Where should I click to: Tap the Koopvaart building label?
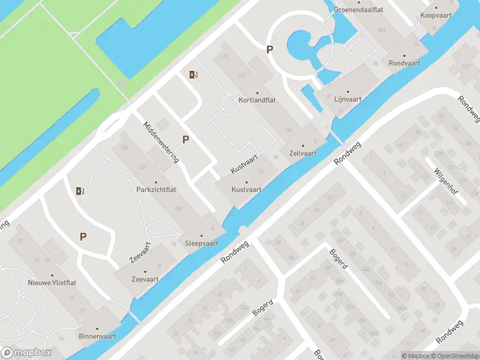point(436,15)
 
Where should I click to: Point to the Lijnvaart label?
point(347,100)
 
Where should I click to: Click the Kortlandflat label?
point(257,100)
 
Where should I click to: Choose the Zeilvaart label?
point(302,153)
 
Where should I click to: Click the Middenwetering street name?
point(161,142)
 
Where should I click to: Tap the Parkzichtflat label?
point(155,190)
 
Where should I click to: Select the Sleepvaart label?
point(201,243)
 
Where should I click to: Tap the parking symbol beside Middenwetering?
point(186,139)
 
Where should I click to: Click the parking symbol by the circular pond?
point(270,50)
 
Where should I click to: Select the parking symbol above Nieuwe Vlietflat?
point(83,236)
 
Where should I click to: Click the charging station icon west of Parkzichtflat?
point(80,191)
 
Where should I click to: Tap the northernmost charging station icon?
point(193,74)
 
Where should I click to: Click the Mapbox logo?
point(26,353)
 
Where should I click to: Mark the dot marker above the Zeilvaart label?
point(302,145)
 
